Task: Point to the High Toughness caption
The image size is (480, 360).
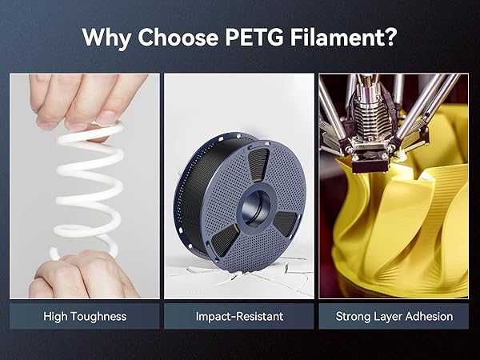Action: [x=85, y=317]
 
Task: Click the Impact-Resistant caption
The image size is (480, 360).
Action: [x=239, y=317]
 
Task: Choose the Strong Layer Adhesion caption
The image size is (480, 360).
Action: [x=394, y=317]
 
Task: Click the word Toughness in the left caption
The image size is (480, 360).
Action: [x=98, y=317]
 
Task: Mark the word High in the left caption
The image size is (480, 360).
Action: [x=56, y=317]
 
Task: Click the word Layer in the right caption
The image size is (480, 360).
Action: [x=390, y=317]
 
